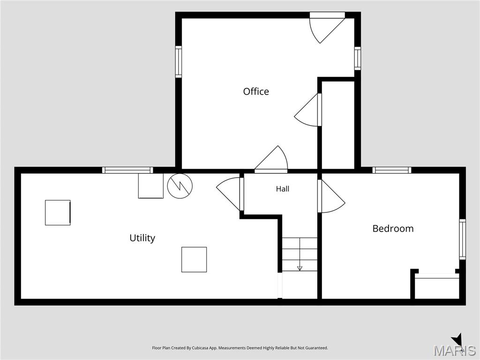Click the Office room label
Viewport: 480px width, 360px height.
pos(256,91)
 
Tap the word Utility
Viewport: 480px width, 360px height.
pos(142,238)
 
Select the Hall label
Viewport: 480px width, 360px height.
pos(283,189)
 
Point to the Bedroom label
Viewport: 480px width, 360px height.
pos(393,228)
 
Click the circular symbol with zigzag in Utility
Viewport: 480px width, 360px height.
pos(180,186)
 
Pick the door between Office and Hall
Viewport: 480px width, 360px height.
pos(271,159)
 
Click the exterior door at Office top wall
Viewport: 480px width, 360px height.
pos(327,28)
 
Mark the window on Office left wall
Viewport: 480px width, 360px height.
pos(179,62)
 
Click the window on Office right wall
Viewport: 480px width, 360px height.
pos(358,59)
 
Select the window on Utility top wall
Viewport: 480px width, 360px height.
pos(127,170)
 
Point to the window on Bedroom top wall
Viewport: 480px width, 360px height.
pos(392,170)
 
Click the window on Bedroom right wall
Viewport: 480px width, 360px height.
pos(462,240)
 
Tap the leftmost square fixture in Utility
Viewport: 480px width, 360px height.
pos(58,213)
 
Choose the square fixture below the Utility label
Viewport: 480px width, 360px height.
pos(194,260)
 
